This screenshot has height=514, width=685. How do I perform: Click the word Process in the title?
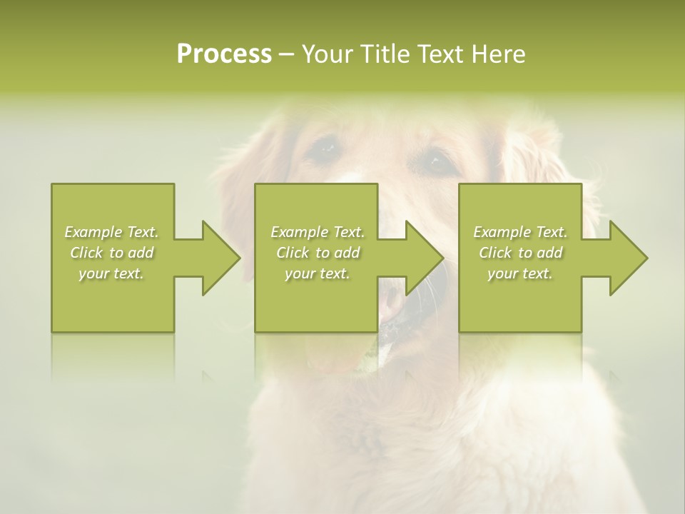pyautogui.click(x=224, y=54)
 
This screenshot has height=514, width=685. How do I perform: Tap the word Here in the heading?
pyautogui.click(x=497, y=54)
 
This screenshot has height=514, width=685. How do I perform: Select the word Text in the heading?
pyautogui.click(x=440, y=54)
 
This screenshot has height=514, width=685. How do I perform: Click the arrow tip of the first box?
pyautogui.click(x=239, y=258)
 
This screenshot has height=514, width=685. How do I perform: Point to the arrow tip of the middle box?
pyautogui.click(x=442, y=258)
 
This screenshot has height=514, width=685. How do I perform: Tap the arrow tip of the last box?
pyautogui.click(x=646, y=258)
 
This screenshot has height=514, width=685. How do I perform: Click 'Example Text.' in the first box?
pyautogui.click(x=111, y=232)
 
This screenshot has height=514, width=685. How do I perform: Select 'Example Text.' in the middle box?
pyautogui.click(x=317, y=232)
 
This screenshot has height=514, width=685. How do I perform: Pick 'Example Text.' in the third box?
pyautogui.click(x=520, y=232)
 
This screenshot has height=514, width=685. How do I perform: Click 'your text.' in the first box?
pyautogui.click(x=111, y=273)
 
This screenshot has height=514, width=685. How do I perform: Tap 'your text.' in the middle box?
pyautogui.click(x=317, y=273)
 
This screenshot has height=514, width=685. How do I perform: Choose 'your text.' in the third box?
pyautogui.click(x=520, y=273)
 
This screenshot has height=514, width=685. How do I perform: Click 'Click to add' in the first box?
pyautogui.click(x=111, y=253)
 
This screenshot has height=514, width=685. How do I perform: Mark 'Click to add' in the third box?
pyautogui.click(x=520, y=253)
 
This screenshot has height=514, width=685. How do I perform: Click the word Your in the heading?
pyautogui.click(x=325, y=54)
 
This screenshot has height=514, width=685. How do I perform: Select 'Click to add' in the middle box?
pyautogui.click(x=317, y=253)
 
